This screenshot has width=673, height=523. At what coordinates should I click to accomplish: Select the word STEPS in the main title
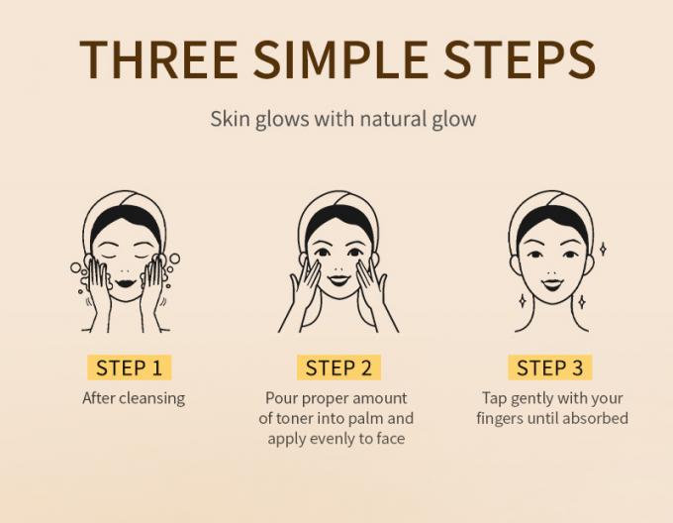521,58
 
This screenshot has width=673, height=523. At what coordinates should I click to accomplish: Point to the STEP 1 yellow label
128,368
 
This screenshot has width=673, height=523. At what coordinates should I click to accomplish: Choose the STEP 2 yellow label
338,368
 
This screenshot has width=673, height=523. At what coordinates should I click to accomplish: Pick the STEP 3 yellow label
550,368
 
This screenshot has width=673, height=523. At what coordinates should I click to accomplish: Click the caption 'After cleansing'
133,398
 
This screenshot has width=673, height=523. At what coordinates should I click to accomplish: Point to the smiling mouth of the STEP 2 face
337,279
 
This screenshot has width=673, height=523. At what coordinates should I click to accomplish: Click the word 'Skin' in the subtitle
228,119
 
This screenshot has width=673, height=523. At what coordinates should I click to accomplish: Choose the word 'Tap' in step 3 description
494,398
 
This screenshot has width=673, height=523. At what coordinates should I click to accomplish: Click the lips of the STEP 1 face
126,281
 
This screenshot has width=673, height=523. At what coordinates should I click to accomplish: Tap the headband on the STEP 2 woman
337,214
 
